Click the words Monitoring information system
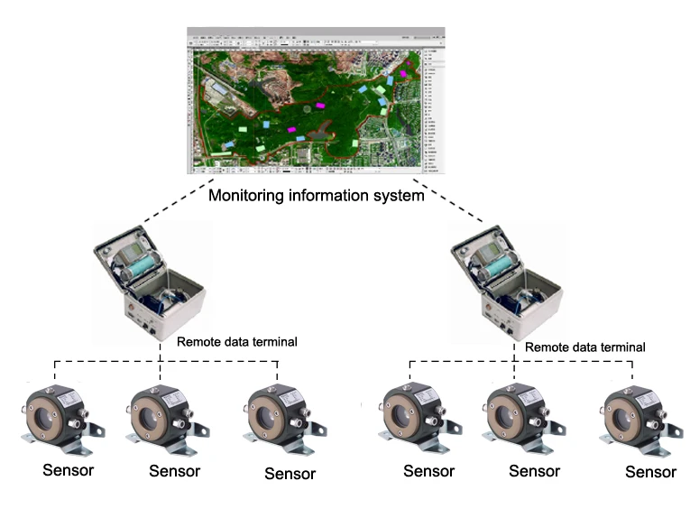point(317,194)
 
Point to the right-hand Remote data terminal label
point(584,346)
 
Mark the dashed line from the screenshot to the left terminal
point(170,203)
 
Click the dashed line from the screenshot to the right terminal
point(460,205)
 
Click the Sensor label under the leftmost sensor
point(68,470)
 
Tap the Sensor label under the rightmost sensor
point(651,472)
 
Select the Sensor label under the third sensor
point(290,473)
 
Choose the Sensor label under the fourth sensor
point(428,470)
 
